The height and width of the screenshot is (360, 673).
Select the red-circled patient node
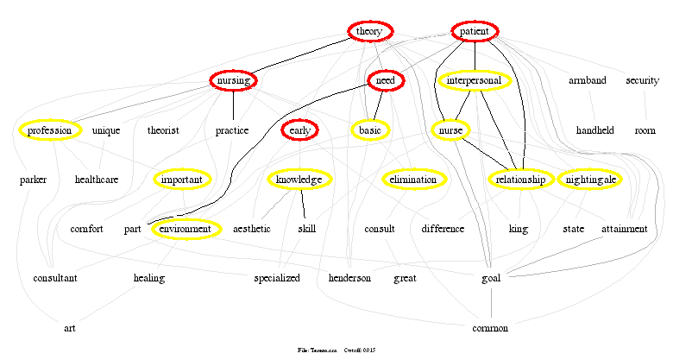[475, 32]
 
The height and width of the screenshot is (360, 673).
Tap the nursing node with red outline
[234, 81]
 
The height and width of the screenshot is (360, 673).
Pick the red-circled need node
[386, 81]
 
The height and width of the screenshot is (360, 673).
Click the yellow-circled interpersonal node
[475, 81]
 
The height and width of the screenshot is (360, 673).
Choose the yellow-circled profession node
[49, 130]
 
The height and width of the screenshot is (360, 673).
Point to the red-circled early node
[299, 130]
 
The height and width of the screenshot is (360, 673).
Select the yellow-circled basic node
[370, 130]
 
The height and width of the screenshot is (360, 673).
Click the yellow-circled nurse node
[450, 130]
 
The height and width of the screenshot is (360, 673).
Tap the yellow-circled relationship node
[521, 180]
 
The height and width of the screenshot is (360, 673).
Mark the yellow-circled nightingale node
[590, 180]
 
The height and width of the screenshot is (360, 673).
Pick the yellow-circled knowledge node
[299, 180]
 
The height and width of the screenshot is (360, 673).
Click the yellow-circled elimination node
[413, 180]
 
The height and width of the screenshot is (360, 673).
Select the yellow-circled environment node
[185, 229]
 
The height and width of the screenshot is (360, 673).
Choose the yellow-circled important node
[182, 180]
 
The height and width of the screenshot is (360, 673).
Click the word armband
[588, 81]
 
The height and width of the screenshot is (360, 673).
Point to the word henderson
[349, 278]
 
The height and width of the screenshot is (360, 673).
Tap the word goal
[491, 278]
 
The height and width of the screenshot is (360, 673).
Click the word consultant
[55, 278]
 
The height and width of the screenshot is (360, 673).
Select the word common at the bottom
[491, 328]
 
